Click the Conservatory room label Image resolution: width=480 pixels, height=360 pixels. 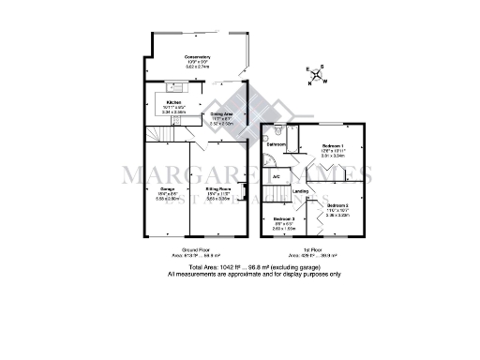197,57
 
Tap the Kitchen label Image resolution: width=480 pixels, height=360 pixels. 173,102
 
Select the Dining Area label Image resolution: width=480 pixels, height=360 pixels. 221,113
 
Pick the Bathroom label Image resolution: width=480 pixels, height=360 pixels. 276,144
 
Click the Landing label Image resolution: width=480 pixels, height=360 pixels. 300,193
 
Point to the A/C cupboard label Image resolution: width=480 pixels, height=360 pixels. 277,176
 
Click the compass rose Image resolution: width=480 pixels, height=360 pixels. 317,74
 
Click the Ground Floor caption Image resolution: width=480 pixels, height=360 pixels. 191,250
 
